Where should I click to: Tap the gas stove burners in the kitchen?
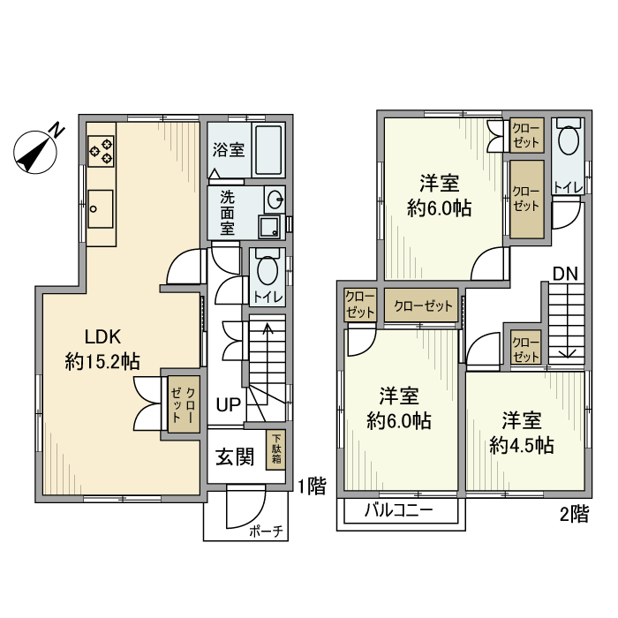click(x=101, y=150)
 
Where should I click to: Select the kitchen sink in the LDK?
click(x=100, y=205)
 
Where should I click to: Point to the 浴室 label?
click(x=228, y=150)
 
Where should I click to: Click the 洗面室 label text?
click(x=227, y=212)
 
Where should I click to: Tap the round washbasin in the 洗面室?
click(x=275, y=198)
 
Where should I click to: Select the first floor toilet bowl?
click(x=268, y=268)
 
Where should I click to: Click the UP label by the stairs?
click(x=228, y=405)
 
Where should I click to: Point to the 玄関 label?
click(x=236, y=456)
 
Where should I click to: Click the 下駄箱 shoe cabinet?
click(x=275, y=448)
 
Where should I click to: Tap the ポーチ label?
click(x=265, y=531)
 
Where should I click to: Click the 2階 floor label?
click(x=574, y=515)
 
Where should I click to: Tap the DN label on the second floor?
click(x=566, y=274)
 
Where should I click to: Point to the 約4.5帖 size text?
click(x=522, y=445)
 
